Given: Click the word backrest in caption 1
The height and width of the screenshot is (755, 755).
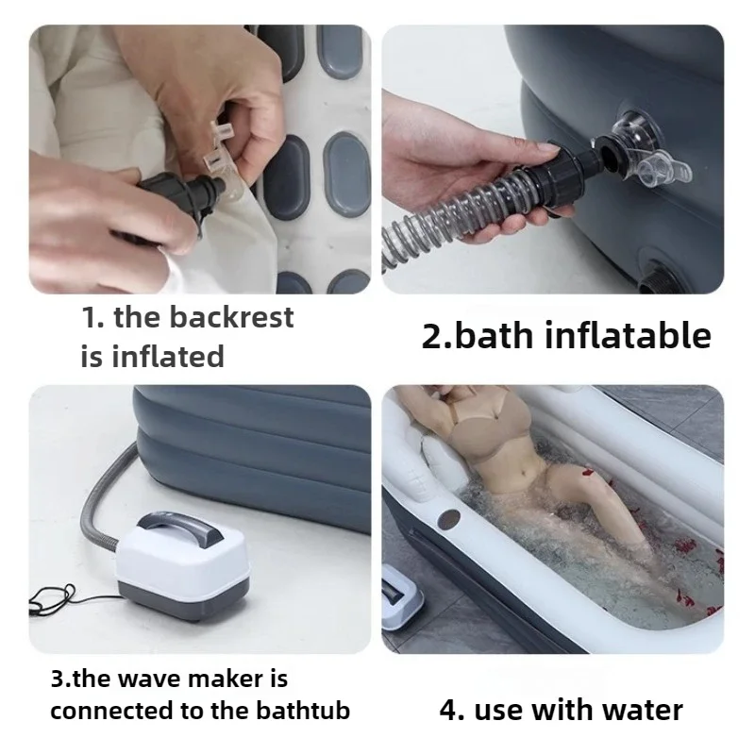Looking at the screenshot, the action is point(231,317).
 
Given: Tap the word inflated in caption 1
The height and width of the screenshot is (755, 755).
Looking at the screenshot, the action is point(168,356).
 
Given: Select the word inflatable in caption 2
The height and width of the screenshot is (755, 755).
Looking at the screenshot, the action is point(628,335).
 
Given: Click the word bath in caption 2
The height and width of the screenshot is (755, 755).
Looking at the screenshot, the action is point(494,335).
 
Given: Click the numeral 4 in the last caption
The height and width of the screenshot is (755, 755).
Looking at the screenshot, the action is point(448,710).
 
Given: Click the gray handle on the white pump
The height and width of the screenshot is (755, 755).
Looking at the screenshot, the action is point(180,529).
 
